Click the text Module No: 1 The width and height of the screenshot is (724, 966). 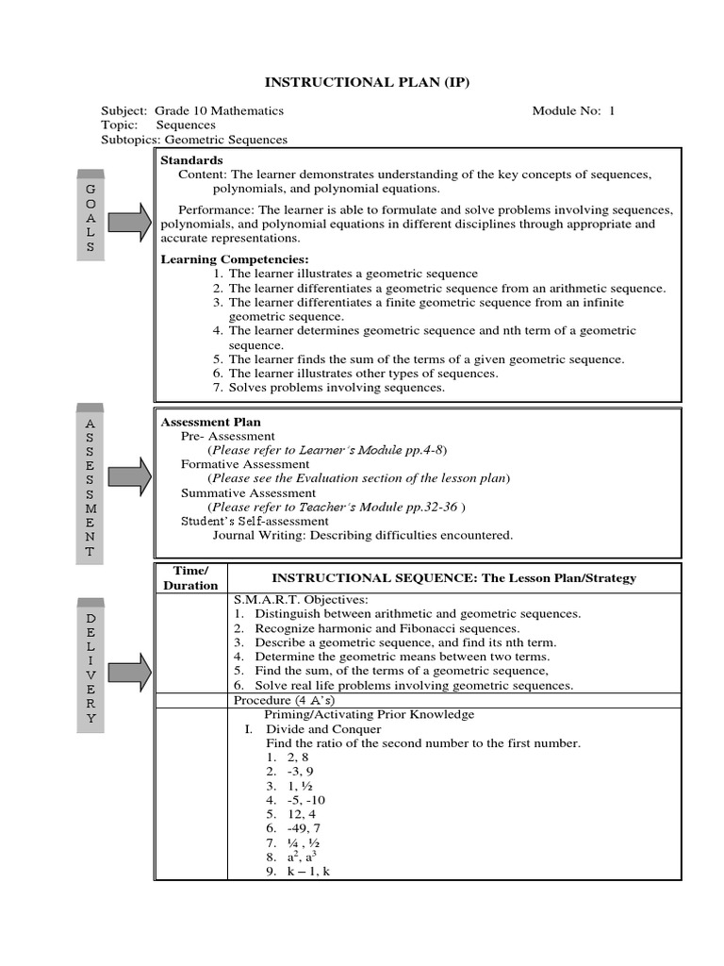(x=572, y=110)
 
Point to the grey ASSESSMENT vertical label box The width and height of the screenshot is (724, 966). (x=91, y=485)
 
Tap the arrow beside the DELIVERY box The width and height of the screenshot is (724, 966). (x=131, y=672)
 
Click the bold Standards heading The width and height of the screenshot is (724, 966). (x=192, y=160)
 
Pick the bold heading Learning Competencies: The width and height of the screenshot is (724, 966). (x=235, y=259)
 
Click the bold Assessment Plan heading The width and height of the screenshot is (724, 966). (x=211, y=422)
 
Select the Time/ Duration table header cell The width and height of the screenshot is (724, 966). (x=191, y=578)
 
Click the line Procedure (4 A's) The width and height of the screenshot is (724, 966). (x=283, y=700)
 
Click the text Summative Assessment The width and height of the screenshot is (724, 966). (x=248, y=492)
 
